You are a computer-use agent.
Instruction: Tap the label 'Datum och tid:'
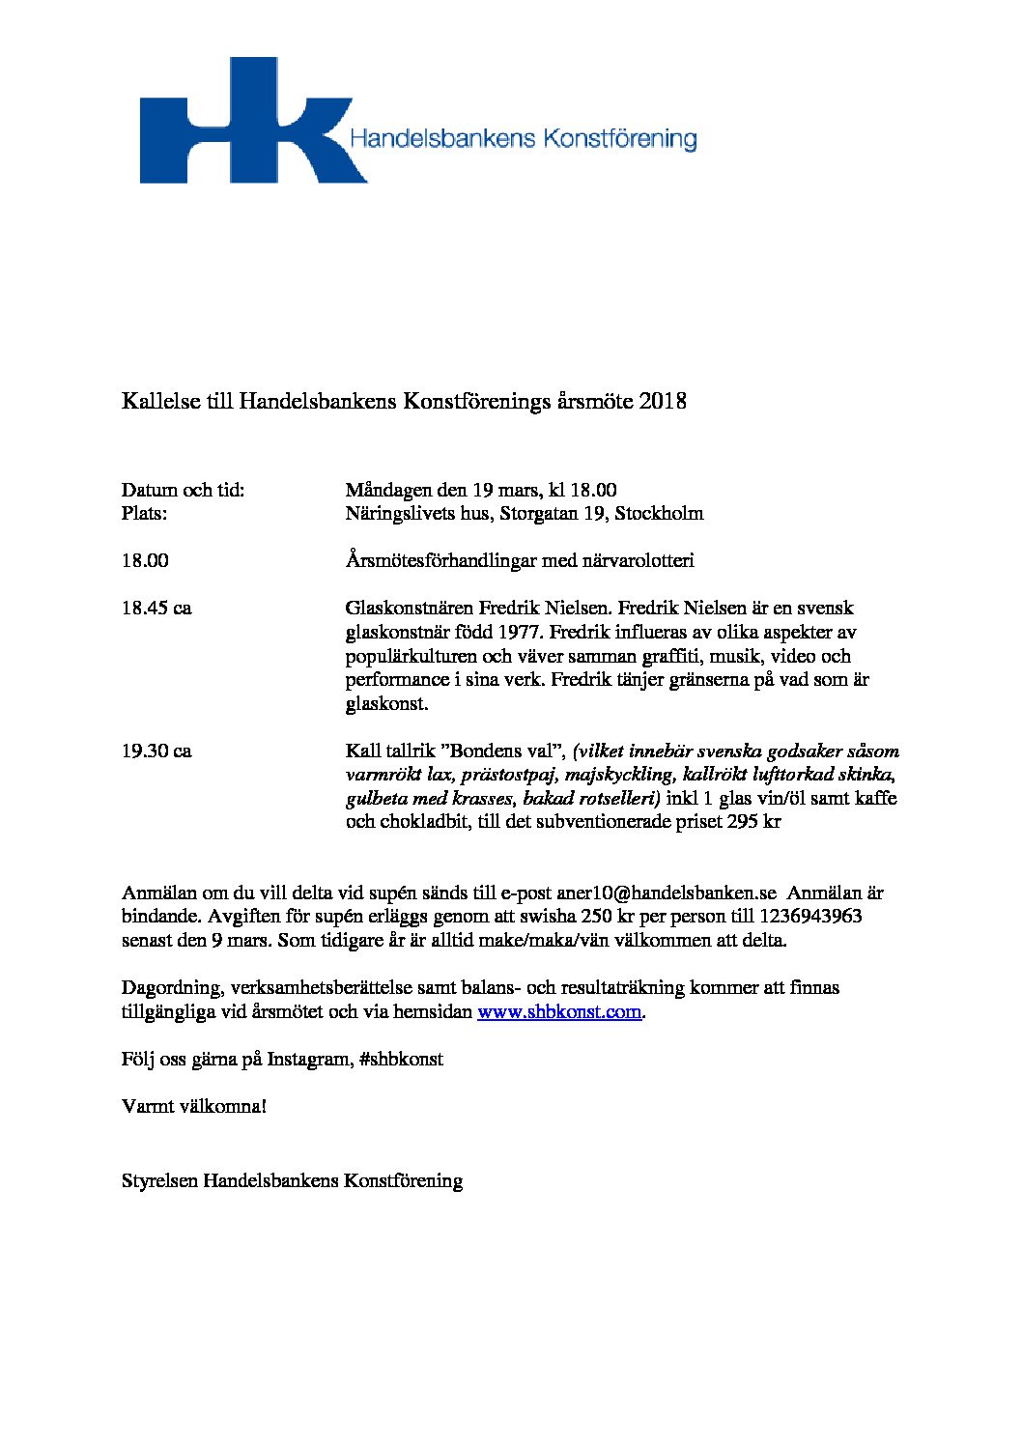(183, 490)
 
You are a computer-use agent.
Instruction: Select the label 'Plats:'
(144, 513)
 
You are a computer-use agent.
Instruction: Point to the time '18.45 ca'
(156, 609)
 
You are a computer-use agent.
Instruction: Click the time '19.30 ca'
(156, 751)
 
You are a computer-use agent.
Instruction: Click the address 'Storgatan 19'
(553, 513)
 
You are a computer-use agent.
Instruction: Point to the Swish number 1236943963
(811, 917)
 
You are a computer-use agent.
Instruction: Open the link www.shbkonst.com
(560, 1012)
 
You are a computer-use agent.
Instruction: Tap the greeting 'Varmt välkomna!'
(193, 1106)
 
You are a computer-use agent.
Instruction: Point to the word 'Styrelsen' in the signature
(159, 1180)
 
